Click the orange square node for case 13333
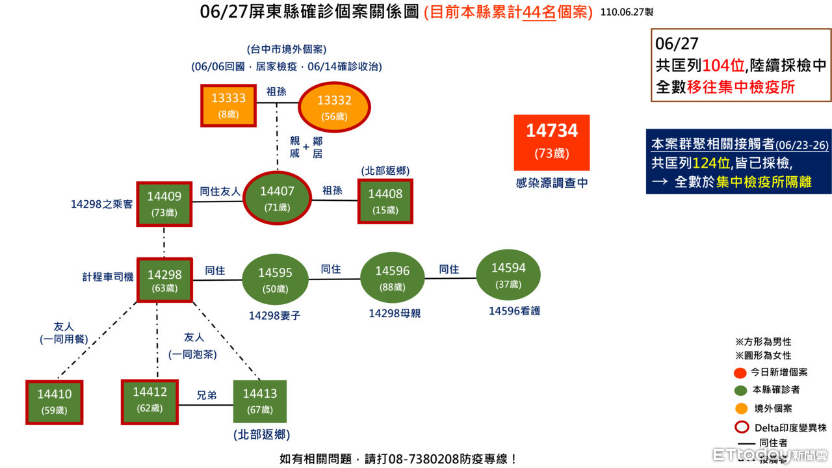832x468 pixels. [228, 105]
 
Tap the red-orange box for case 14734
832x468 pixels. [551, 142]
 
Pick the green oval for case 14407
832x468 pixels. [278, 198]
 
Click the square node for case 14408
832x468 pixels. [385, 200]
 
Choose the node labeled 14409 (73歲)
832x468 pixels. [164, 203]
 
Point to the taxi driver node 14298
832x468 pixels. [164, 280]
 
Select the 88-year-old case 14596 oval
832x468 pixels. [392, 278]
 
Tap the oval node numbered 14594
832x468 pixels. [508, 275]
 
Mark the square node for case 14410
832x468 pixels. [55, 402]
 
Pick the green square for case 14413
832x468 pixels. [259, 401]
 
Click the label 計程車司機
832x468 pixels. [108, 277]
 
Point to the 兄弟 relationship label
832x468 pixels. [207, 395]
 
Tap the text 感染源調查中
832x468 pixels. [551, 184]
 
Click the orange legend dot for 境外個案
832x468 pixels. [740, 409]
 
